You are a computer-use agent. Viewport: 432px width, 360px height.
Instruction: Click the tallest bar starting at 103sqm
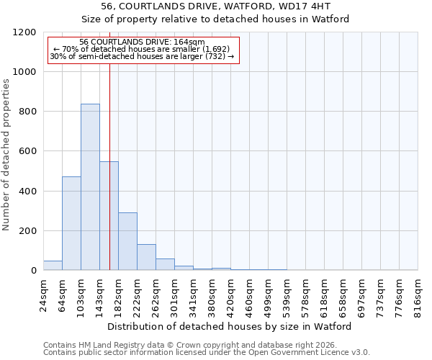[90, 187]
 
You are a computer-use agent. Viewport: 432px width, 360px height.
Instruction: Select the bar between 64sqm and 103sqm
[71, 223]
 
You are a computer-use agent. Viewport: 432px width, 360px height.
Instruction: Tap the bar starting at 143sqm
[109, 216]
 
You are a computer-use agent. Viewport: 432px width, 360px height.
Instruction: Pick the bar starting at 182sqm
[127, 241]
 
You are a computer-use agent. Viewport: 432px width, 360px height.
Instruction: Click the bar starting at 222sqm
[146, 257]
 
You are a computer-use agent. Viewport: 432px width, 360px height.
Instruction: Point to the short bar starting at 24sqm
[53, 266]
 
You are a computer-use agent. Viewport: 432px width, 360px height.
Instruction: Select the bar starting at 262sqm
[165, 264]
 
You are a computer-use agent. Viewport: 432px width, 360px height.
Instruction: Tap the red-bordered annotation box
[143, 50]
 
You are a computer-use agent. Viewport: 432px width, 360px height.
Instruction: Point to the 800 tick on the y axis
[28, 112]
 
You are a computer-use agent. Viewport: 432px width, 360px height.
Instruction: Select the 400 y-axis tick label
[28, 192]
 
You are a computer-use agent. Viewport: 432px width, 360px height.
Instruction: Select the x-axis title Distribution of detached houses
[230, 326]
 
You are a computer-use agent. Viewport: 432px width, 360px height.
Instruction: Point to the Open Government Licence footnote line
[207, 353]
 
